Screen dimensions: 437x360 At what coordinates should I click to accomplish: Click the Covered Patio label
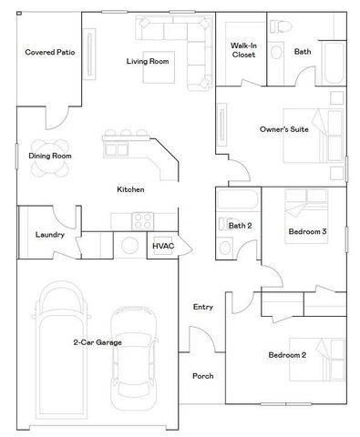49,53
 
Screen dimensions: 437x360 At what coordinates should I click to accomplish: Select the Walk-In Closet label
242,49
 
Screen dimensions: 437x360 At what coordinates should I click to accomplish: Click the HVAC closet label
163,246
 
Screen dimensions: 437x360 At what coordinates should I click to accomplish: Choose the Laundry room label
48,234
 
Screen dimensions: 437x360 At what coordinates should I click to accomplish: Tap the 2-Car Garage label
98,342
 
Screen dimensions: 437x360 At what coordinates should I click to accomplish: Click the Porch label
202,376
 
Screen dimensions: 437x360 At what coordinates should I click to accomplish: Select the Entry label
202,307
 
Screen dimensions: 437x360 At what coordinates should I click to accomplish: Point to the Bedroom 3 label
306,232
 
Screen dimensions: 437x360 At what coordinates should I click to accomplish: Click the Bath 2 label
240,225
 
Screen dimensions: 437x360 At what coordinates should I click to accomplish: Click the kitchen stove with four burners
142,220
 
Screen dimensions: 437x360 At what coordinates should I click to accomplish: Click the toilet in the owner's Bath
283,25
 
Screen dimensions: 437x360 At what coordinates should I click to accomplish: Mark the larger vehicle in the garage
60,346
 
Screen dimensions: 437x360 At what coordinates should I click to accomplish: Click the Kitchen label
130,189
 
